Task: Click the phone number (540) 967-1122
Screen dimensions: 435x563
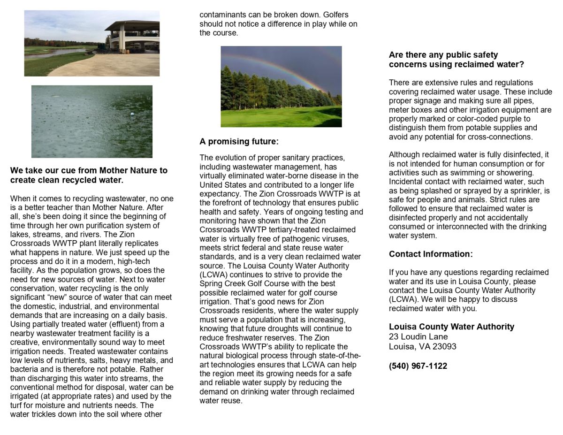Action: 418,366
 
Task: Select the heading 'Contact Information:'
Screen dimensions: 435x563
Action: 431,254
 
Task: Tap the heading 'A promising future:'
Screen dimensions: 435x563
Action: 239,141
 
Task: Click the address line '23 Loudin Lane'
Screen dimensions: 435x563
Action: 418,336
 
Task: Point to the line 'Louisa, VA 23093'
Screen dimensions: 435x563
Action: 422,346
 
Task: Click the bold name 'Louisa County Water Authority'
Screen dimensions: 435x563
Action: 451,327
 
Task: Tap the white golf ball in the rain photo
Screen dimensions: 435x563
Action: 132,114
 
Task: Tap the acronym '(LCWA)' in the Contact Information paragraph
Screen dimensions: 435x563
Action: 402,299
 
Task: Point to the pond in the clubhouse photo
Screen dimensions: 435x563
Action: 54,53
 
